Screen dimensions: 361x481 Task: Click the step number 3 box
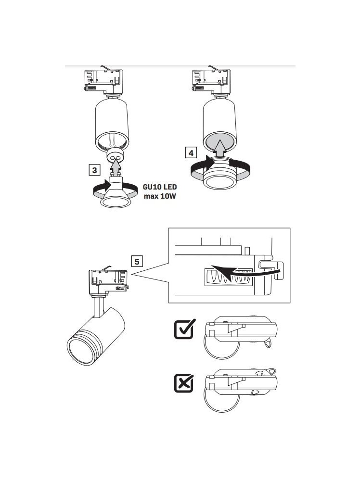pyautogui.click(x=94, y=170)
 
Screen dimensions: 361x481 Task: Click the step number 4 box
pyautogui.click(x=191, y=152)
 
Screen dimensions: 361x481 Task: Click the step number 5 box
pyautogui.click(x=137, y=261)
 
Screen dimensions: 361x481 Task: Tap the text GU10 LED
pyautogui.click(x=160, y=187)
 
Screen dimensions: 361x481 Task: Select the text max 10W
pyautogui.click(x=160, y=196)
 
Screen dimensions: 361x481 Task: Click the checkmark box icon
pyautogui.click(x=184, y=329)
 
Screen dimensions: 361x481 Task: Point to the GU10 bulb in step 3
pyautogui.click(x=116, y=192)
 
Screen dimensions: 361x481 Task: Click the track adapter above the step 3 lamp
pyautogui.click(x=104, y=81)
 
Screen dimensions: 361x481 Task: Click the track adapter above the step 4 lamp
pyautogui.click(x=211, y=81)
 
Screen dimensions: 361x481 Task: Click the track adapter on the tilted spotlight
pyautogui.click(x=109, y=281)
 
